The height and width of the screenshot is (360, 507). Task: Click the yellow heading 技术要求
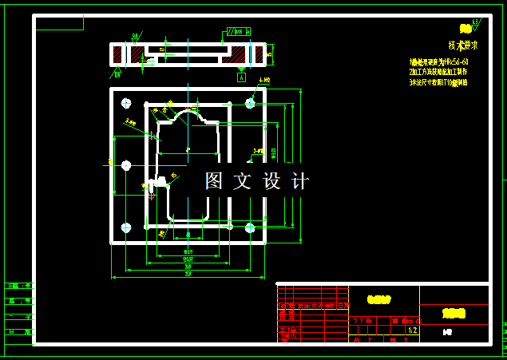462,45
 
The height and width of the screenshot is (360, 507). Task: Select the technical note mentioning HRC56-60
438,61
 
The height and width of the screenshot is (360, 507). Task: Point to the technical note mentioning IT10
438,81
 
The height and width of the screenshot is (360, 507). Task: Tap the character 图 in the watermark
214,181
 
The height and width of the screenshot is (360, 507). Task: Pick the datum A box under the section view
241,77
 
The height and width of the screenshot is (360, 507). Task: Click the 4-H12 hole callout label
264,81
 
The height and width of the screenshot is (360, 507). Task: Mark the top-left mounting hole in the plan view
125,103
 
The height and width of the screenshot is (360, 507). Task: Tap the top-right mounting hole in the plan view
250,103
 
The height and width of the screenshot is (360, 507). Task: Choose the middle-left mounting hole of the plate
125,165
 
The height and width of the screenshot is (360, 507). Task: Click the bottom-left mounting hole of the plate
125,227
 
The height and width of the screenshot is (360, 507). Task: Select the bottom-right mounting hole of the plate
250,227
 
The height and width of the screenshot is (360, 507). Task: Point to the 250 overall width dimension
188,274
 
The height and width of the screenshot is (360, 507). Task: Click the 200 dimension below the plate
188,259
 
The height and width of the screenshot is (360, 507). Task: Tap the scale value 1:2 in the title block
412,330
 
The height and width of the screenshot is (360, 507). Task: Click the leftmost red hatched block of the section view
118,54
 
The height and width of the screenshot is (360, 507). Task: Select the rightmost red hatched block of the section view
258,54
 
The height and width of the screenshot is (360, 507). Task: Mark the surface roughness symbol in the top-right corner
476,22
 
